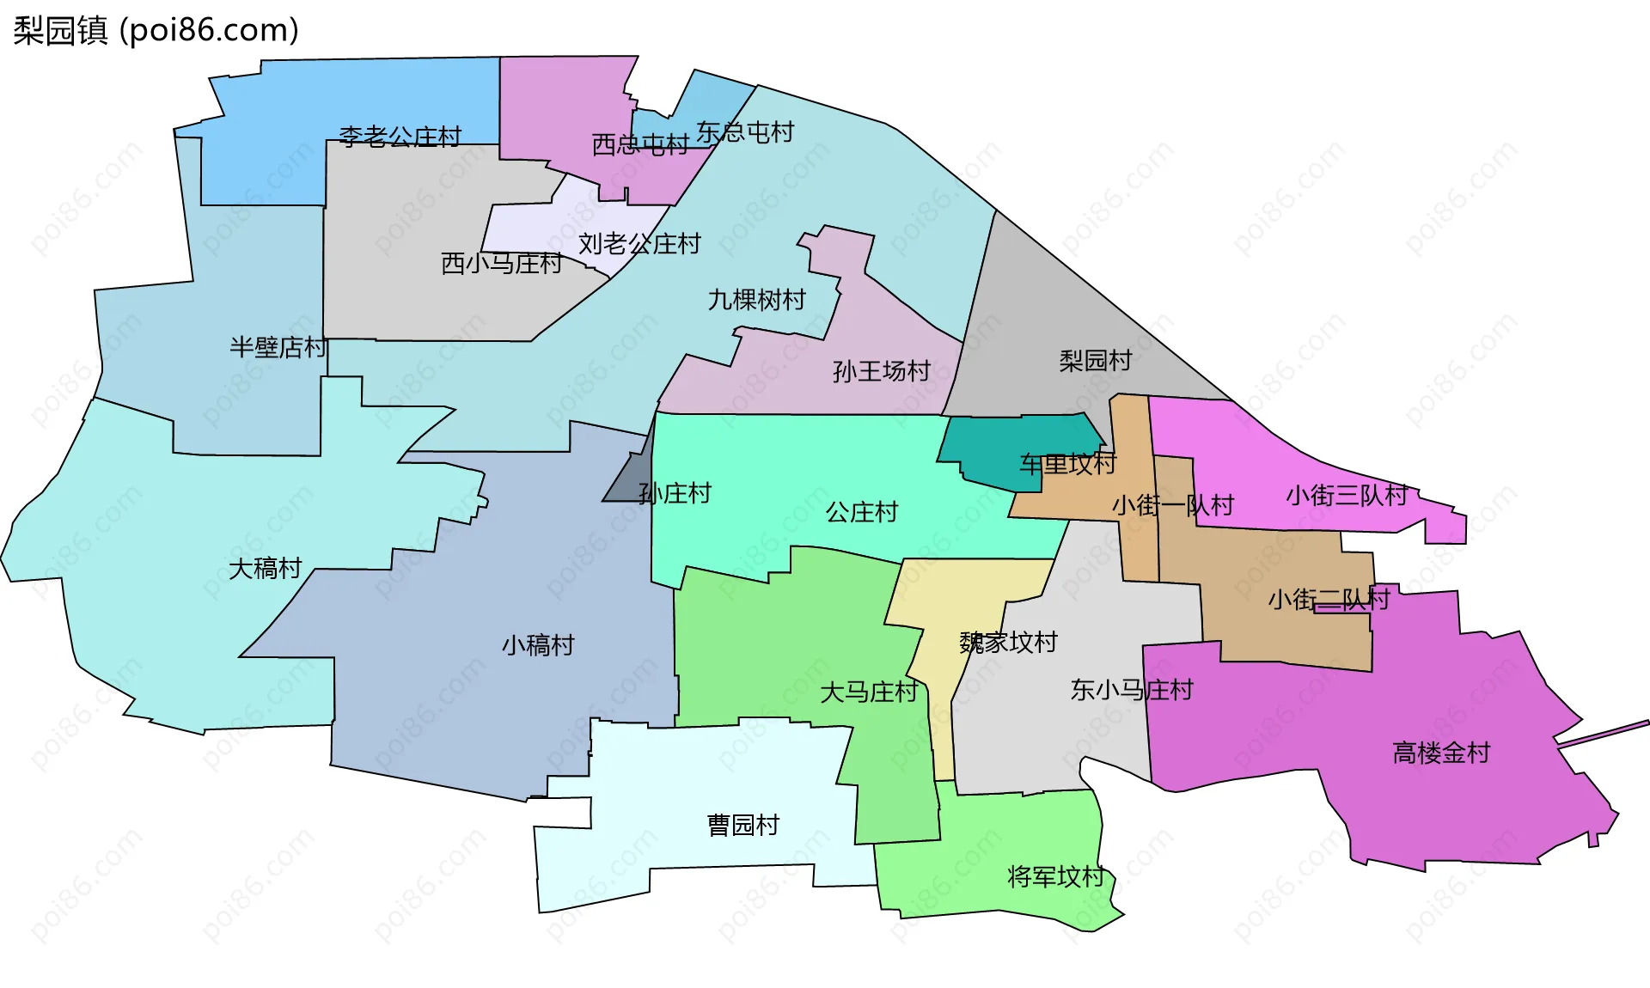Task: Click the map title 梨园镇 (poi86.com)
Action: (156, 30)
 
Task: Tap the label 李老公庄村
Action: (400, 137)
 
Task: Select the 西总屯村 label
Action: (640, 144)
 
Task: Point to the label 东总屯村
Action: (745, 132)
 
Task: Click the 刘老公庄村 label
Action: (639, 244)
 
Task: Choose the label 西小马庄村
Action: (502, 263)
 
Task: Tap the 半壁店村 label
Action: (278, 347)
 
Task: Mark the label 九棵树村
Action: (756, 300)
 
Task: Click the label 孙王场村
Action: (882, 371)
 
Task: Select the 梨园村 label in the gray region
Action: (1096, 361)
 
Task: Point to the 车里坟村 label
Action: (1067, 464)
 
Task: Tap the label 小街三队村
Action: (1347, 495)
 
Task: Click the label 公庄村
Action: (862, 512)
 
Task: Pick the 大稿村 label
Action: (266, 568)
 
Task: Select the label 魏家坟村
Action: (1008, 642)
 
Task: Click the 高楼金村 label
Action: (1441, 753)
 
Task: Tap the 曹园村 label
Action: (743, 825)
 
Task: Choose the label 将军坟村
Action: (1055, 876)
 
